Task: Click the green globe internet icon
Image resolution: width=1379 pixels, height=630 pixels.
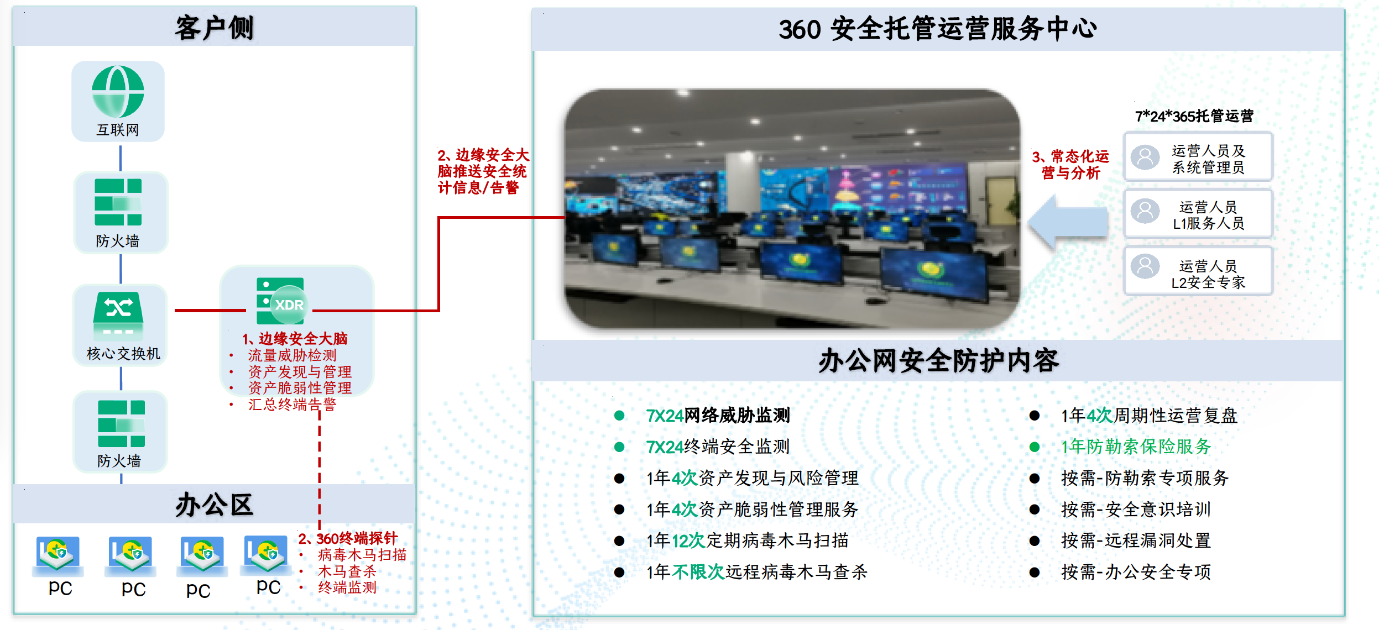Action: point(118,91)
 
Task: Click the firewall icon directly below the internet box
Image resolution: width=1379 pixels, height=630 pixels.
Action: point(118,202)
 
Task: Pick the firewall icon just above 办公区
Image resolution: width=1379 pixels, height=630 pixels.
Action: point(121,424)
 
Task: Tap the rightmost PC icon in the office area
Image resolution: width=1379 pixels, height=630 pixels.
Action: point(267,553)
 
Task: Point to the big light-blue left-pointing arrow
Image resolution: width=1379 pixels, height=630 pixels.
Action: point(1068,222)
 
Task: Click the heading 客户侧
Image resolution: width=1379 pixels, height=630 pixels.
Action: point(215,28)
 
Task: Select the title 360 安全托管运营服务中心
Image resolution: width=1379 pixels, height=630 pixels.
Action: point(938,29)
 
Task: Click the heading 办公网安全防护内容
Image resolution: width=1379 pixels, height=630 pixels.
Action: point(938,361)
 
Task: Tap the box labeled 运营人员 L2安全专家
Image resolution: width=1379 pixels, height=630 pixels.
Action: point(1198,271)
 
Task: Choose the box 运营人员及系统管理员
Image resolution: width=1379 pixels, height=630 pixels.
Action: point(1198,157)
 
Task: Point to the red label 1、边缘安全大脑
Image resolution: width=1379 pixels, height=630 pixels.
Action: point(295,338)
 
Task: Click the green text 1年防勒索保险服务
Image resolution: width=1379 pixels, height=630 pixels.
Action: point(1136,447)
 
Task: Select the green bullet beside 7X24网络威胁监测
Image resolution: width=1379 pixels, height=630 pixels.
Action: point(619,416)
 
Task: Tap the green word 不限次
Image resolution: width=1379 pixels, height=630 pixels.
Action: point(698,572)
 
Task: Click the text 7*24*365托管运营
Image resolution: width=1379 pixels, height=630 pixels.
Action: point(1194,116)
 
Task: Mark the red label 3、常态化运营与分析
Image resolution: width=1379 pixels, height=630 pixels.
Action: point(1071,164)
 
